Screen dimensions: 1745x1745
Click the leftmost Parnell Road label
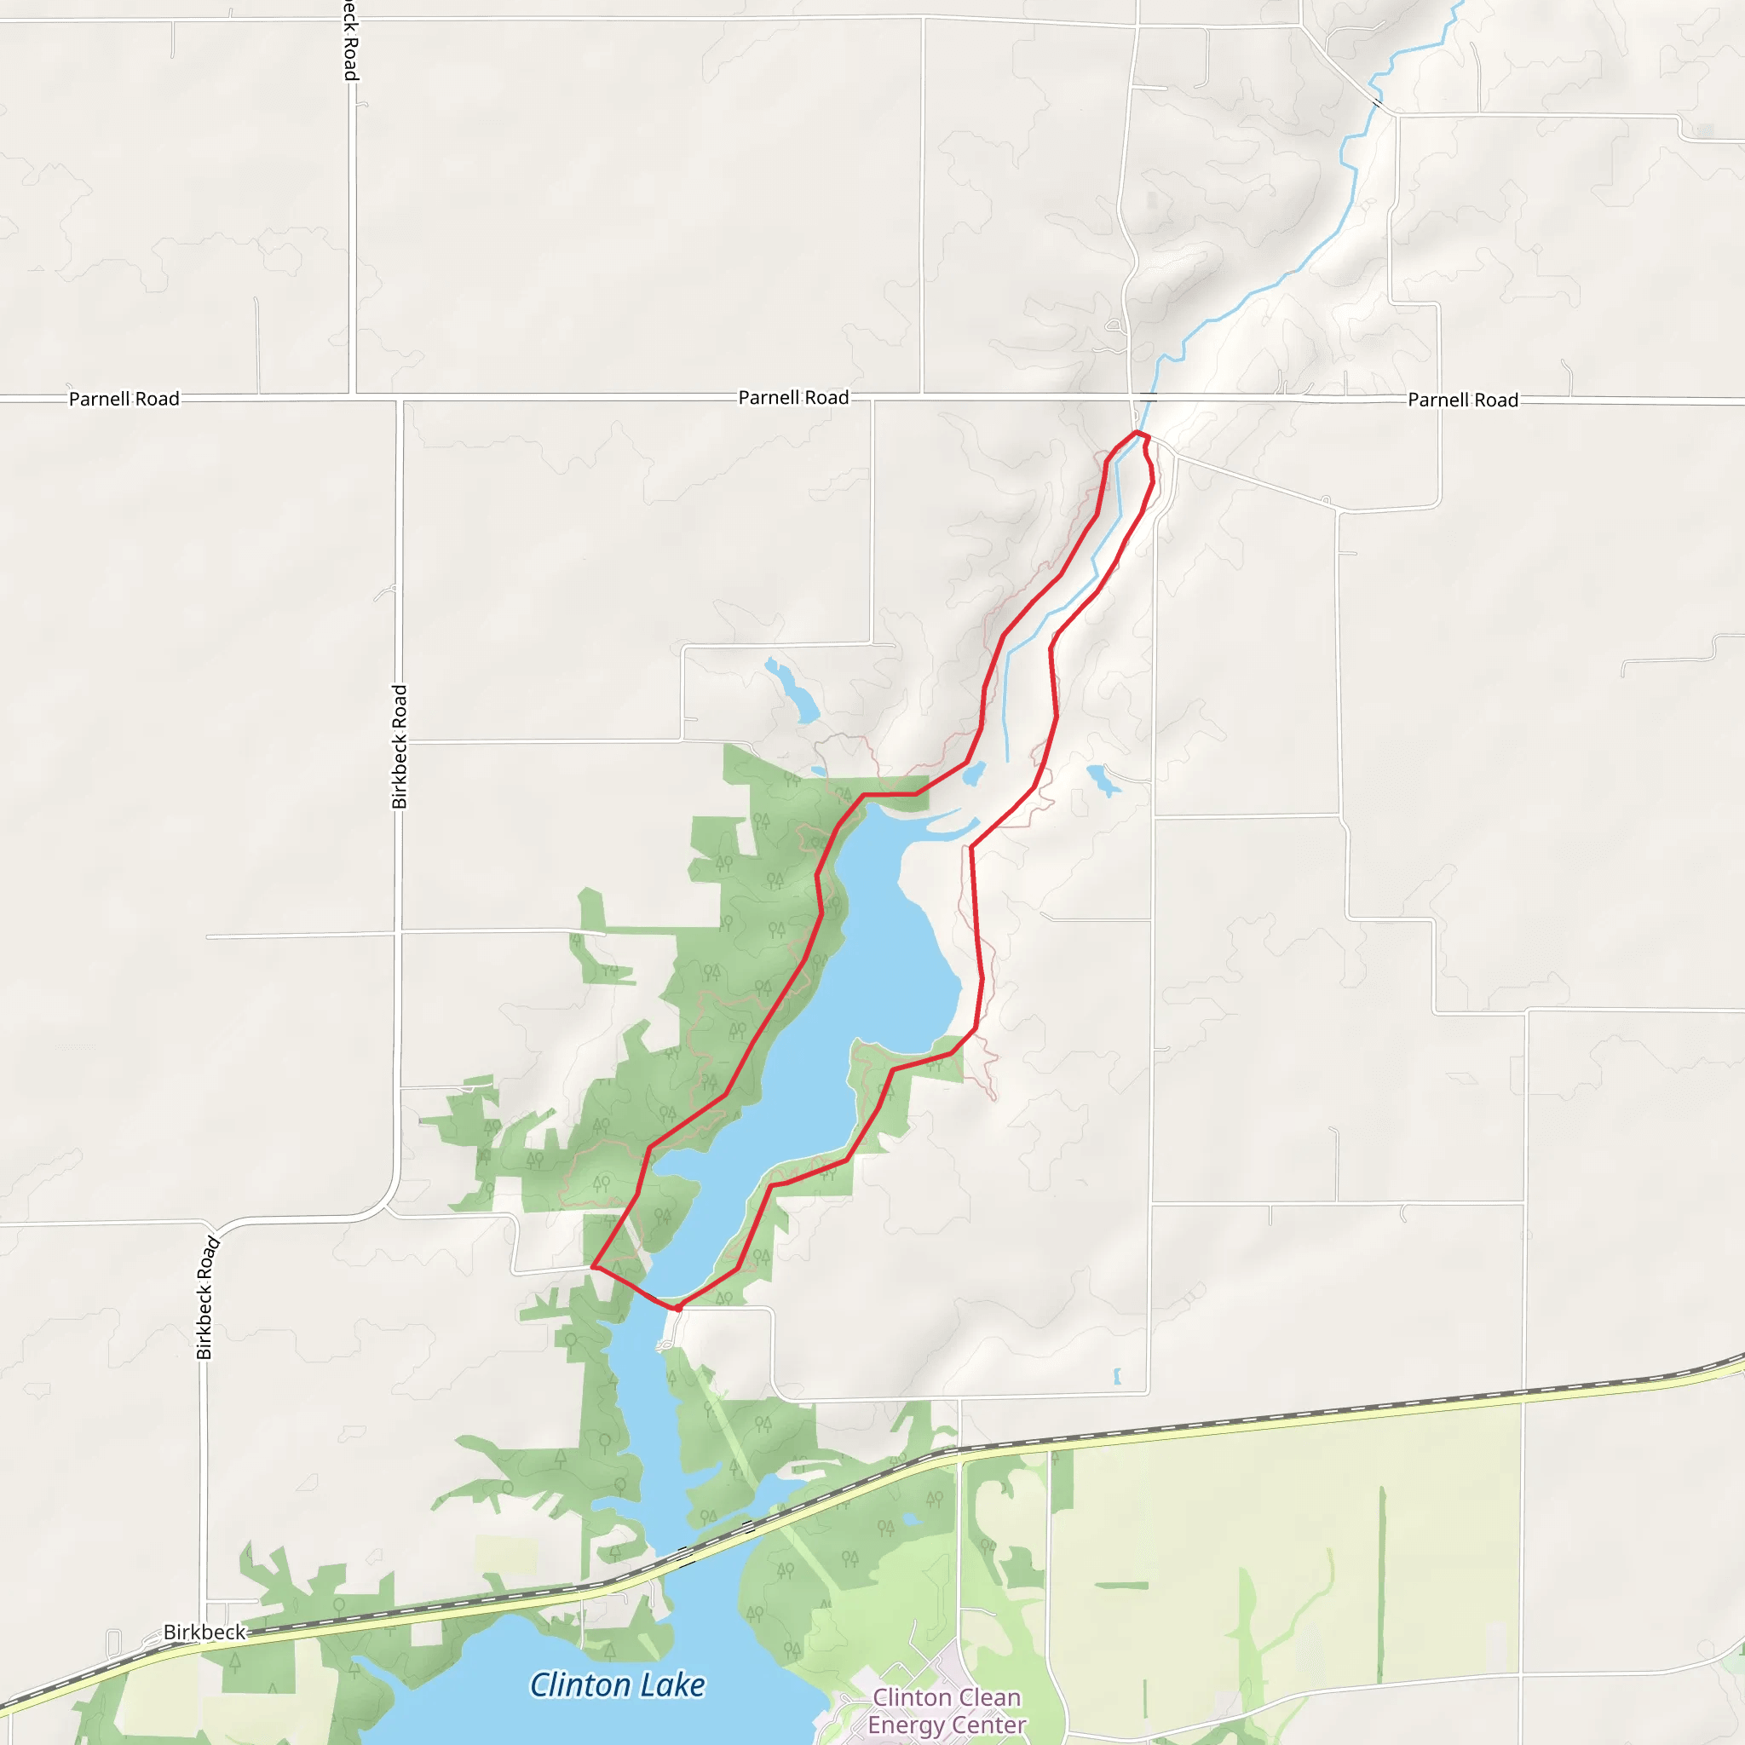tap(124, 398)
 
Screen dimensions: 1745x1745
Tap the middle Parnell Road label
tap(793, 397)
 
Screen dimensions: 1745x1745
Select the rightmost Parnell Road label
tap(1462, 400)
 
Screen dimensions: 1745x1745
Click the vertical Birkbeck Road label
tap(400, 747)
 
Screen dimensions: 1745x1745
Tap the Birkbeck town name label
tap(204, 1632)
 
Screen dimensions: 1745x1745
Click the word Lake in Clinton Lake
tap(669, 1685)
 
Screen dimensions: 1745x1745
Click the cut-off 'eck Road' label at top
tap(350, 41)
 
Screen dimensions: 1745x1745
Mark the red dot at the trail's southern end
tap(677, 1307)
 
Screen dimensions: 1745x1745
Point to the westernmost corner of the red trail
tap(593, 1266)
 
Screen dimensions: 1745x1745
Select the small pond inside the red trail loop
tap(974, 774)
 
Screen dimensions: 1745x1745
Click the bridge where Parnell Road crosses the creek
tap(1148, 397)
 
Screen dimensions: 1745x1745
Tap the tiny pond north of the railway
tap(1117, 1377)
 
